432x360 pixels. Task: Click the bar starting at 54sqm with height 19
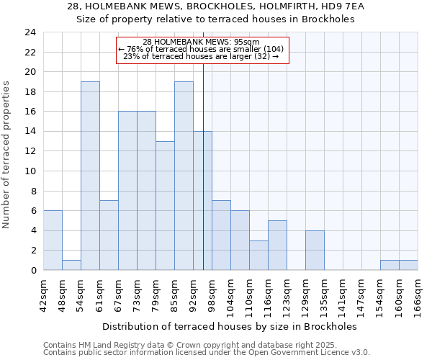[90, 176]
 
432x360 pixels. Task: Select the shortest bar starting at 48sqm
[71, 265]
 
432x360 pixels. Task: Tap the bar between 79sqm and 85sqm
[165, 206]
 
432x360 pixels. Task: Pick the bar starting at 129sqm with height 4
[315, 251]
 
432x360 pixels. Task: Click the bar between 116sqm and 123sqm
[277, 246]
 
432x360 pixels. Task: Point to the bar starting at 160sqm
[408, 265]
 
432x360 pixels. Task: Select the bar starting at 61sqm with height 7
[109, 235]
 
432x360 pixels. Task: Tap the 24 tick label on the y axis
[30, 32]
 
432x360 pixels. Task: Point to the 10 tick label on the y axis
[30, 171]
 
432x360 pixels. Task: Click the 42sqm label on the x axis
[43, 294]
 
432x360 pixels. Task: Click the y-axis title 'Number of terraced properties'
[6, 154]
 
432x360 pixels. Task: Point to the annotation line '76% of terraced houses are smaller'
[201, 49]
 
